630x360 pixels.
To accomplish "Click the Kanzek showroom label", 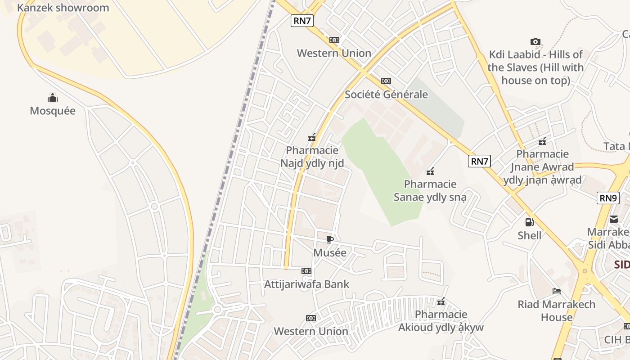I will pos(63,8).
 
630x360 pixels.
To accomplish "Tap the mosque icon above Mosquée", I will pos(53,98).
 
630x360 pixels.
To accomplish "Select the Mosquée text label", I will pos(53,111).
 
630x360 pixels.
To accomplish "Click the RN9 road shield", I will pos(608,198).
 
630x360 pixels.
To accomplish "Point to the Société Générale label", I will pos(386,94).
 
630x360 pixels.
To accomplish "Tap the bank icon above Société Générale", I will pos(386,81).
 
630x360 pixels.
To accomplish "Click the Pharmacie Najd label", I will pos(312,157).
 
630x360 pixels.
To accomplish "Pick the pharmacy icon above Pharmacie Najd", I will pos(312,137).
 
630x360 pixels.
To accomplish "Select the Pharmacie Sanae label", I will pos(430,190).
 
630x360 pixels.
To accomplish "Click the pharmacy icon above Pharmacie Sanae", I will pos(430,171).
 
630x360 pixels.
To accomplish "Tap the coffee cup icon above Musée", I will pos(330,239).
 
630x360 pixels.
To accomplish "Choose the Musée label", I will pos(330,252).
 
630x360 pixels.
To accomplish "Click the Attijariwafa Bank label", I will pos(306,284).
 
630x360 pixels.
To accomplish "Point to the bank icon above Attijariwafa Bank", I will pos(306,271).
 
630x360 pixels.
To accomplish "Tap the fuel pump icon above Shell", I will pos(530,222).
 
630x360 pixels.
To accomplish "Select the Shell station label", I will pos(530,235).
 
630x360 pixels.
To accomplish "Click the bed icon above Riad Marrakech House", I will pos(557,291).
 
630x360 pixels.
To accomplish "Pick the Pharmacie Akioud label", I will pos(441,320).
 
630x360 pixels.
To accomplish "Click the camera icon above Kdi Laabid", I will pos(535,42).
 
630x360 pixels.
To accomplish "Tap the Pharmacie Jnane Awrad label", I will pos(543,167).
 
